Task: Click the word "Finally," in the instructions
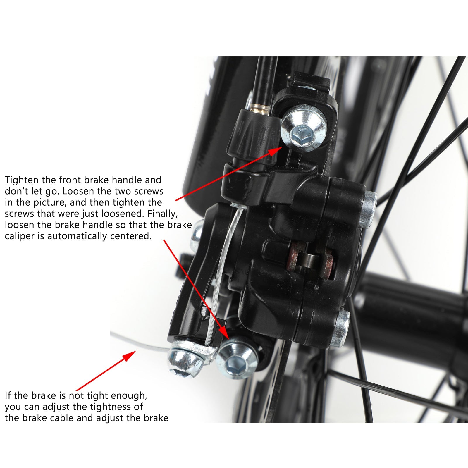click(163, 214)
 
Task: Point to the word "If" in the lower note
click(8, 395)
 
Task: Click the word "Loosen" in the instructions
click(78, 191)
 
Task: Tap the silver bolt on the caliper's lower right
click(343, 328)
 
